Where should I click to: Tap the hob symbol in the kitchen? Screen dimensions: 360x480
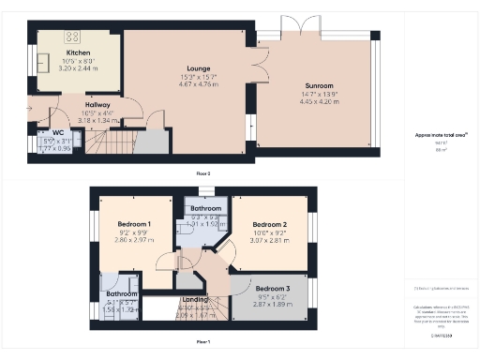71,37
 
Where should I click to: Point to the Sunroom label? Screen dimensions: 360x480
317,86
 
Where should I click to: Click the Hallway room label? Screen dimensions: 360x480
97,105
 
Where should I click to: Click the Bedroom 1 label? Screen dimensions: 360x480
135,224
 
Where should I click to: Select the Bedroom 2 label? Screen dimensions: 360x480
270,225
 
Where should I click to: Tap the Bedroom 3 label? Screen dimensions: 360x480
274,288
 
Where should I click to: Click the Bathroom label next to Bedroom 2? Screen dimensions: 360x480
202,209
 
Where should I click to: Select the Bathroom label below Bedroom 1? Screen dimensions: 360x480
122,293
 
